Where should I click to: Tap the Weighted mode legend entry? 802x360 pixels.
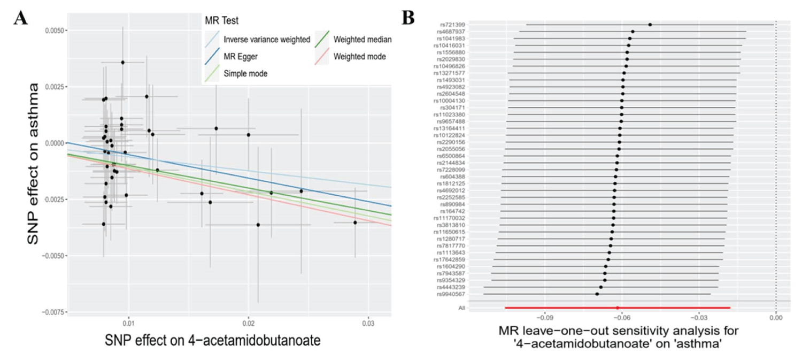359,56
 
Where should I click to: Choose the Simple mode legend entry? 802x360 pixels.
245,73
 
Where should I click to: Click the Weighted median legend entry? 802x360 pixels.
363,39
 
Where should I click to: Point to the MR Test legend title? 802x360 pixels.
221,21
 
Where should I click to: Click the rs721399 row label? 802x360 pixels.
452,25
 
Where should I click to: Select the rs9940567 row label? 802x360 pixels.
451,294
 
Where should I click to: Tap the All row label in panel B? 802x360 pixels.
461,308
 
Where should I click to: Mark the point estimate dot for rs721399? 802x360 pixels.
650,25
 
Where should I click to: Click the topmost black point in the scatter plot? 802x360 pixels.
122,63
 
